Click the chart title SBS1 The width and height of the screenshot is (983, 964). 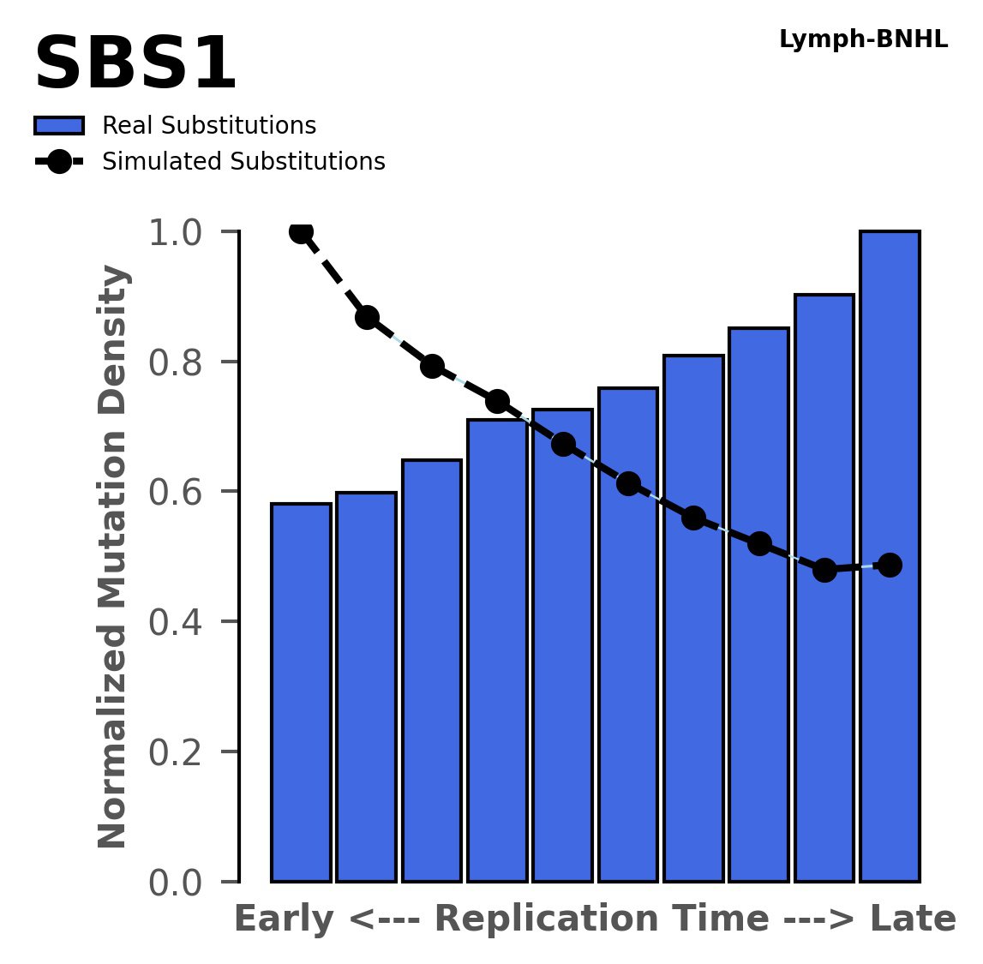coord(135,65)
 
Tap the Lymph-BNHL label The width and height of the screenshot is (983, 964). coord(863,39)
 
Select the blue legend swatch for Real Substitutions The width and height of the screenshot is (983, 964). coord(58,126)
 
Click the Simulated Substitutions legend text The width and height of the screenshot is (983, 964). coord(243,162)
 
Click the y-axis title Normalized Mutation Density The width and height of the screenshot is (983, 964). coord(113,557)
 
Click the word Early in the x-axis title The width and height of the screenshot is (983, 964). coord(284,919)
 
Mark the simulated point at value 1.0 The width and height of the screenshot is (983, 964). coord(301,232)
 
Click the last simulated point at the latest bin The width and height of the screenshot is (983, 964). coord(890,565)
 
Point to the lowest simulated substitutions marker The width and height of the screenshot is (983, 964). coord(824,570)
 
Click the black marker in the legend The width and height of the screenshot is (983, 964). coord(58,162)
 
